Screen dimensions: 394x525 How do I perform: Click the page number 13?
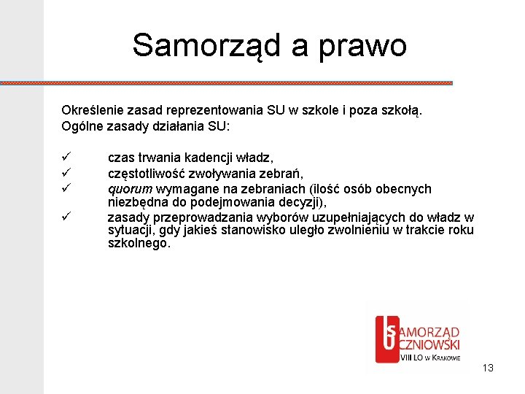point(488,368)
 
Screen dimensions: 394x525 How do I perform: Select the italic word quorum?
point(130,189)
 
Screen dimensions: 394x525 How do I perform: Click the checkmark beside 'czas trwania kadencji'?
point(65,157)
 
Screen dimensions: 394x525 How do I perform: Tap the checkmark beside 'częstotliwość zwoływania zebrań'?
point(65,173)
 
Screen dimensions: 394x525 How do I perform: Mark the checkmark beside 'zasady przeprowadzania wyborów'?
point(65,217)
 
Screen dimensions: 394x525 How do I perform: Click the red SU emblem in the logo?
point(386,337)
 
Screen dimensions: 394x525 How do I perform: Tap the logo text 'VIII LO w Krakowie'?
point(430,358)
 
